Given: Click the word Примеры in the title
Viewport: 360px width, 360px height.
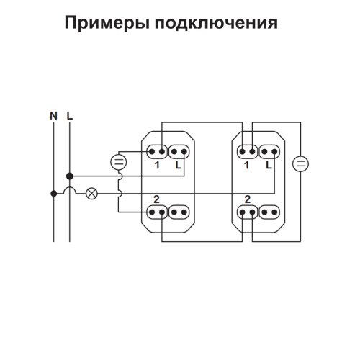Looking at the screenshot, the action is pyautogui.click(x=107, y=24).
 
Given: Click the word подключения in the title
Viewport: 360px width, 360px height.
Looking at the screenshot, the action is pyautogui.click(x=216, y=22).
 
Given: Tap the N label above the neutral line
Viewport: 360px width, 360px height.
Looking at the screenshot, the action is pyautogui.click(x=53, y=116).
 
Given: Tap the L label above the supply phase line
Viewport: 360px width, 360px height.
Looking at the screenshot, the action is pyautogui.click(x=70, y=116).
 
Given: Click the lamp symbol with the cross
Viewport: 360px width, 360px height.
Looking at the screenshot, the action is pyautogui.click(x=91, y=194).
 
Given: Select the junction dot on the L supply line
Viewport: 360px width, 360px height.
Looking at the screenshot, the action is pyautogui.click(x=70, y=176).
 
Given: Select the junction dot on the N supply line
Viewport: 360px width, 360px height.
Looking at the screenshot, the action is pyautogui.click(x=54, y=194).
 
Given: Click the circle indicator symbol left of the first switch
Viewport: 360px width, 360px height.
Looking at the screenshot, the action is pyautogui.click(x=119, y=162).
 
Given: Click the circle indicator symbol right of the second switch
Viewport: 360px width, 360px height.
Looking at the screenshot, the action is pyautogui.click(x=300, y=164).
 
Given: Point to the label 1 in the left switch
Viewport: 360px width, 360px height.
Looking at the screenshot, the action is pyautogui.click(x=157, y=165).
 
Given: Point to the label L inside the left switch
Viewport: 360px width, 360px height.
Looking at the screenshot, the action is pyautogui.click(x=179, y=165).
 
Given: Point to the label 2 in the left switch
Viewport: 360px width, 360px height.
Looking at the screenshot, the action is pyautogui.click(x=156, y=199).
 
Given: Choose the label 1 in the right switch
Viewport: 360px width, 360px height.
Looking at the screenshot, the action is pyautogui.click(x=246, y=165).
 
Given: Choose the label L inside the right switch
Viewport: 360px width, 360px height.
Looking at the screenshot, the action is pyautogui.click(x=269, y=165).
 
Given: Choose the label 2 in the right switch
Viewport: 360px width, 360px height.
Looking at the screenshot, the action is pyautogui.click(x=248, y=199).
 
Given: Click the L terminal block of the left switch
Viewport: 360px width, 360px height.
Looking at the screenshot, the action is pyautogui.click(x=179, y=152).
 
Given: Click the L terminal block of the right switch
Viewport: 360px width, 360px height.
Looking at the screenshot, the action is pyautogui.click(x=269, y=152).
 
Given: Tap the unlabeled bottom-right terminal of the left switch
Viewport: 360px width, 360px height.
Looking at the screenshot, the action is pyautogui.click(x=179, y=212).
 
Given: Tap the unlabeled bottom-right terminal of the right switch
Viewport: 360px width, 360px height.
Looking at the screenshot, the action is pyautogui.click(x=269, y=212).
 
